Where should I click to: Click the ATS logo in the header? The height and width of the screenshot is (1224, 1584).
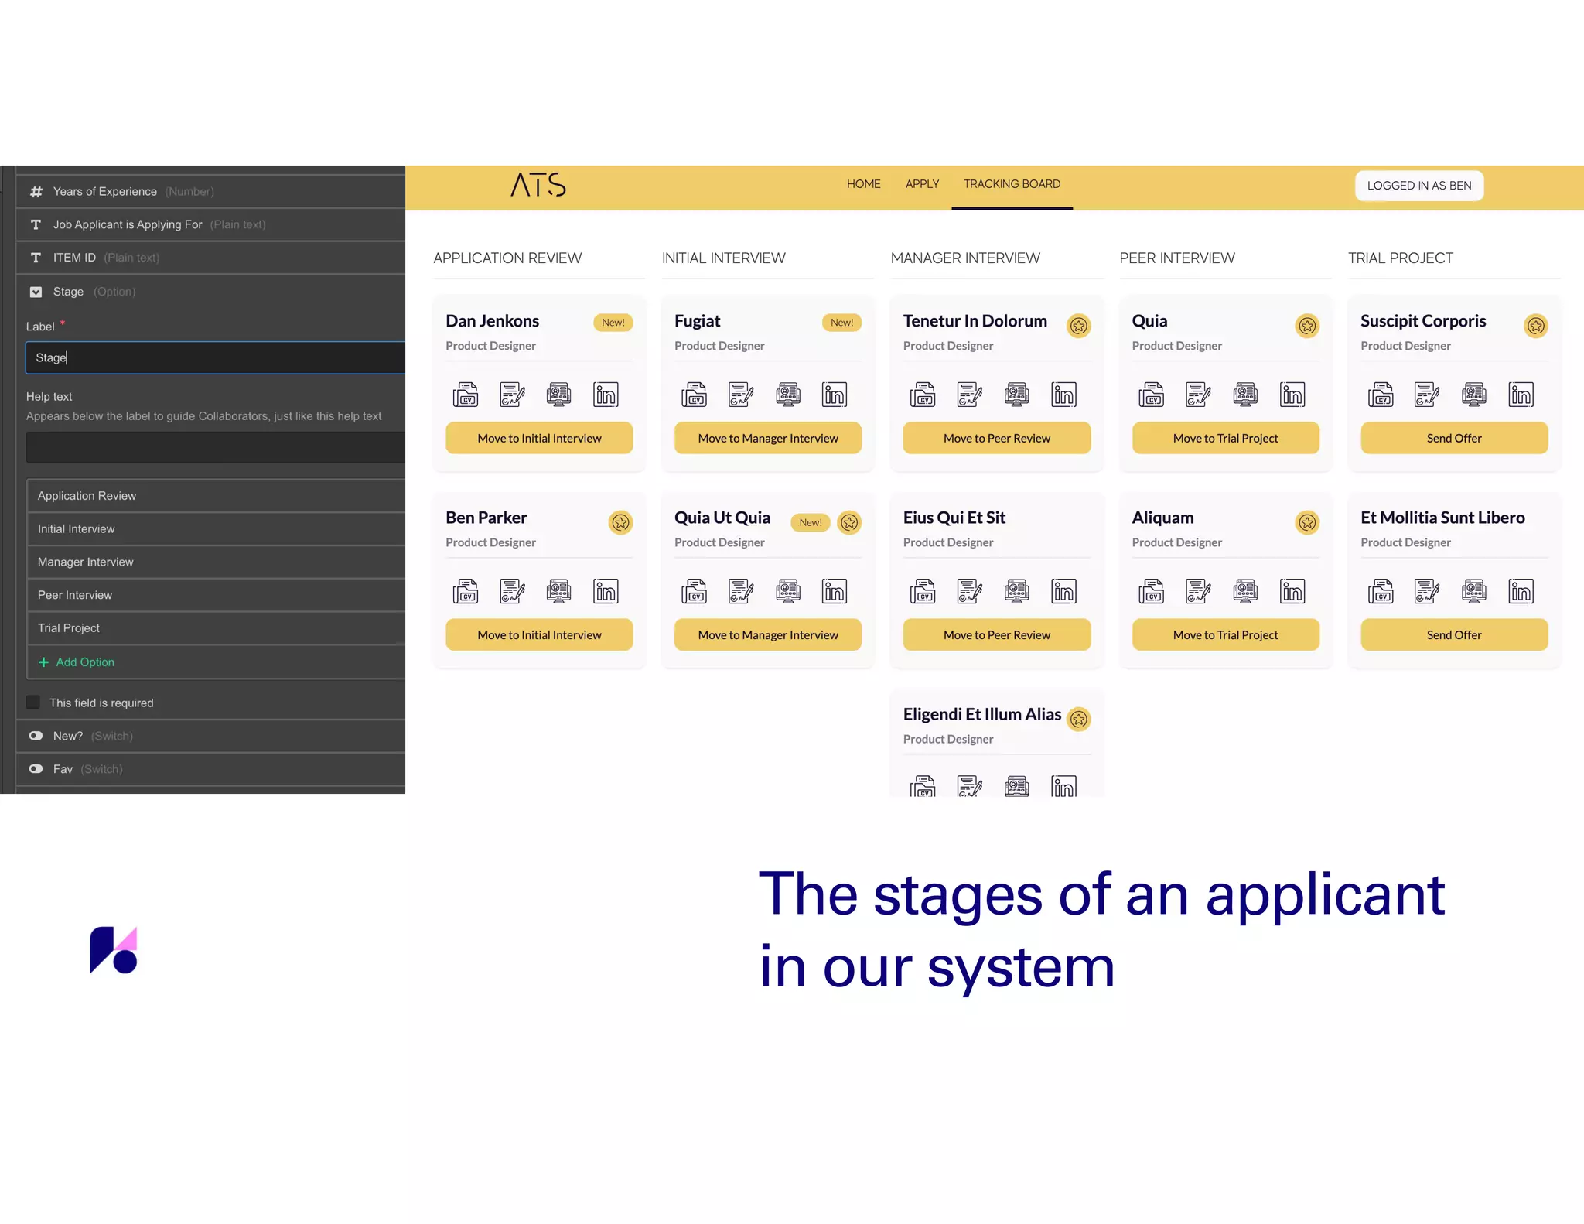(x=538, y=185)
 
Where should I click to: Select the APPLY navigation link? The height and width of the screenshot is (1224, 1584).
(x=922, y=184)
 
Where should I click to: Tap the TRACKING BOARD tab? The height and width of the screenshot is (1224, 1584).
(x=1012, y=184)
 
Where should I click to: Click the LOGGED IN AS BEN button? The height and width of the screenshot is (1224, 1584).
(x=1418, y=186)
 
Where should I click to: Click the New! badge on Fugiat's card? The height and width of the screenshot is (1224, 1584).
(x=841, y=323)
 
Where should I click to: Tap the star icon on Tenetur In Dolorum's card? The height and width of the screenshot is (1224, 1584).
(x=1078, y=326)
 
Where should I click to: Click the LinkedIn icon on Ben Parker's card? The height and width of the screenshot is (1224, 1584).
(x=606, y=591)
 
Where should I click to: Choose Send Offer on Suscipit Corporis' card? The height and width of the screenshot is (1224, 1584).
(x=1453, y=438)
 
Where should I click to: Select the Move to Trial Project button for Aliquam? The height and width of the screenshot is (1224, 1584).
(x=1225, y=634)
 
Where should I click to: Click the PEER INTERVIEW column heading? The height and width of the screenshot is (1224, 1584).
(x=1176, y=258)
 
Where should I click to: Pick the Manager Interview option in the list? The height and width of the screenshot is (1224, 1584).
(x=86, y=562)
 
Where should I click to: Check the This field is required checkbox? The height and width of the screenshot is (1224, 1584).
(x=33, y=703)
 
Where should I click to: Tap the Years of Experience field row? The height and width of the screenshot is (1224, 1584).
(x=105, y=191)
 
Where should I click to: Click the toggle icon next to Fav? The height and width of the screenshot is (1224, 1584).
(x=36, y=769)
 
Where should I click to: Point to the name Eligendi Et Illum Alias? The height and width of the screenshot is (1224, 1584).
(x=981, y=714)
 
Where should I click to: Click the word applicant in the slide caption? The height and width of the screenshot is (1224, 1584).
(x=1325, y=894)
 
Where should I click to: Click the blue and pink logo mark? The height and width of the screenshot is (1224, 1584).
(x=113, y=950)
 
